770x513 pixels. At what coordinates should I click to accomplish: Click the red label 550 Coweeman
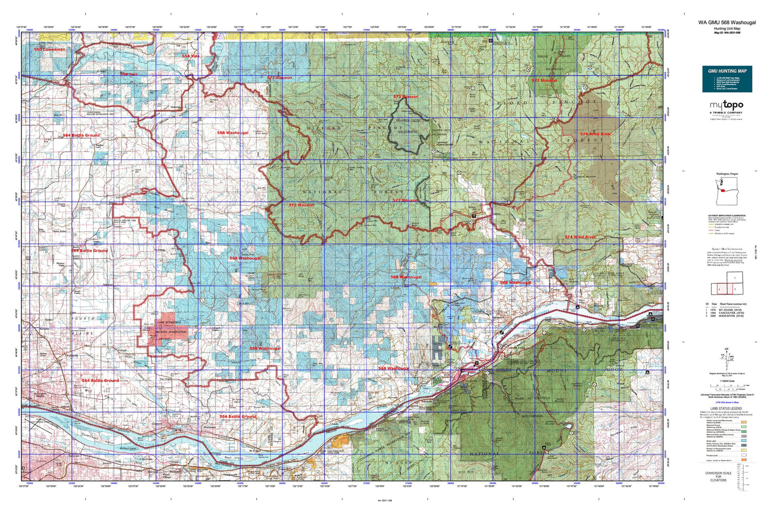(50, 49)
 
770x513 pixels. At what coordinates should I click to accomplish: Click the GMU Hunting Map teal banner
(727, 79)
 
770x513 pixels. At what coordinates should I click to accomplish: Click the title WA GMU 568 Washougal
(727, 23)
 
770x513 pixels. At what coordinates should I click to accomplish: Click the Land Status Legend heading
(726, 408)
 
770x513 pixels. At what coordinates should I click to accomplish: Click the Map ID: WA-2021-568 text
(727, 33)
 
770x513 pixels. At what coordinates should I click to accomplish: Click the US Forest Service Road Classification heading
(727, 216)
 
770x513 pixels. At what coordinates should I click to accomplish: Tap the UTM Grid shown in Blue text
(726, 402)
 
